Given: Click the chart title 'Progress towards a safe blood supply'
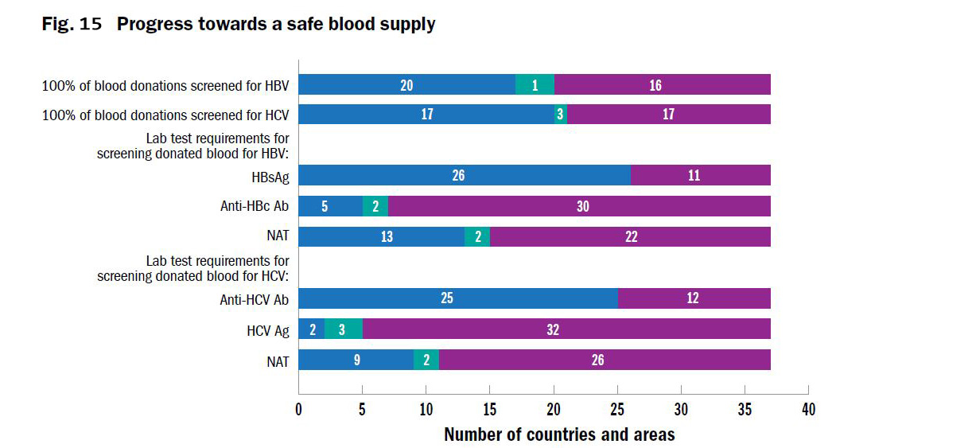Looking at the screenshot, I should pyautogui.click(x=276, y=25).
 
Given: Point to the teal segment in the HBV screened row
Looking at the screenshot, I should pyautogui.click(x=535, y=84).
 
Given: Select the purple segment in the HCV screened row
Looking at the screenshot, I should pyautogui.click(x=669, y=115).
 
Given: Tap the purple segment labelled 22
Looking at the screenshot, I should pyautogui.click(x=630, y=237).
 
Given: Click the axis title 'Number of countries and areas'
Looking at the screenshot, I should pyautogui.click(x=559, y=434).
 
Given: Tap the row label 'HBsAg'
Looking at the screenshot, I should pyautogui.click(x=269, y=176).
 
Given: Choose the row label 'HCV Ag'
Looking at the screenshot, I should pyautogui.click(x=268, y=330).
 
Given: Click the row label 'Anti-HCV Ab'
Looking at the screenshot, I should pyautogui.click(x=255, y=299).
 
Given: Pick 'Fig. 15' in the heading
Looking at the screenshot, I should pyautogui.click(x=72, y=25).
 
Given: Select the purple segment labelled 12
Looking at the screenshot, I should pyautogui.click(x=694, y=298).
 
